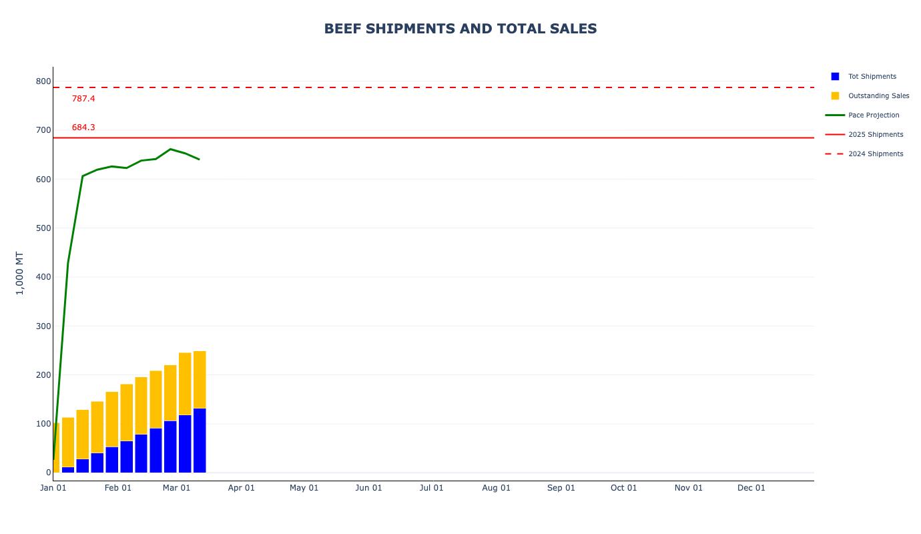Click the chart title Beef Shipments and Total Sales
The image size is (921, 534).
(x=460, y=29)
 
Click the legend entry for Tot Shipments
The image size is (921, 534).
(x=872, y=77)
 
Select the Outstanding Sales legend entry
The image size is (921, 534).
(x=878, y=96)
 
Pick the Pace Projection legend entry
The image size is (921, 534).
(x=874, y=115)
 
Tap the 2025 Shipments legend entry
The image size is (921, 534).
(x=876, y=135)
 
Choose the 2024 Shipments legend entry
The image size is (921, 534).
(x=876, y=154)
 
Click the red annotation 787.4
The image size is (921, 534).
(x=83, y=99)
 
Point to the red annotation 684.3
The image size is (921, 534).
(x=83, y=127)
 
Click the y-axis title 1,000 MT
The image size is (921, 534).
(x=19, y=273)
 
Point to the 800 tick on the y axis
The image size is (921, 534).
(x=43, y=81)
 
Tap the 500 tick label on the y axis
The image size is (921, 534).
(x=43, y=228)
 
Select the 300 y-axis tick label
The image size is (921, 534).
(x=43, y=326)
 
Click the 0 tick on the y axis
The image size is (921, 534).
(x=48, y=473)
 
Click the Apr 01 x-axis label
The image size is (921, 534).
(x=242, y=488)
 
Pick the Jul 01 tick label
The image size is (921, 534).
(x=432, y=488)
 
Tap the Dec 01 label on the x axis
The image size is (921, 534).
(x=751, y=488)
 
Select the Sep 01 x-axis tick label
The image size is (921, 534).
(x=561, y=488)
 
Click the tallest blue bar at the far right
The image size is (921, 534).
(x=200, y=441)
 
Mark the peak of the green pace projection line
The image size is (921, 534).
(x=170, y=149)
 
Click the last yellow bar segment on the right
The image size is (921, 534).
(x=200, y=379)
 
